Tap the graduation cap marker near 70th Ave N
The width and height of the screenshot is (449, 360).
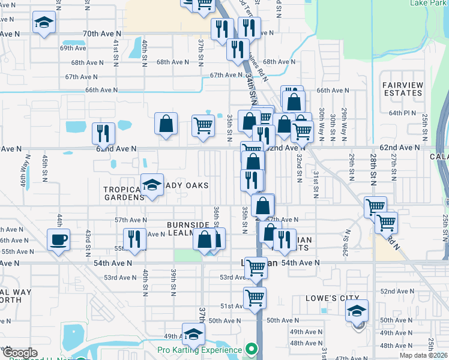tap(43, 23)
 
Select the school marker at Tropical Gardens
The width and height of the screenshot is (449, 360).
tap(152, 185)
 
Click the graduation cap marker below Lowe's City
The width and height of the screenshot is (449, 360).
tap(357, 311)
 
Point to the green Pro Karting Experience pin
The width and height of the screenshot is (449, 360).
tap(252, 349)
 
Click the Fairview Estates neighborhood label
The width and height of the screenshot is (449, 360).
tap(402, 89)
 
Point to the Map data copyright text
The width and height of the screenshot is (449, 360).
tap(423, 355)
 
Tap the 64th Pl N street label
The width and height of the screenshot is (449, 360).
tap(402, 113)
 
